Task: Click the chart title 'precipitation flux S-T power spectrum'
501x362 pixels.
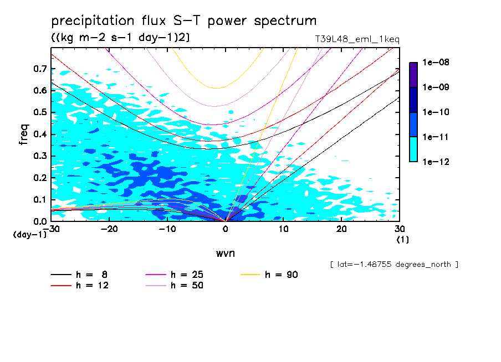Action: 184,21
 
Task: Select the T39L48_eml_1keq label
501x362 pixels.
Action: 356,39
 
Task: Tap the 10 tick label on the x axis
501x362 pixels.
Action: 284,229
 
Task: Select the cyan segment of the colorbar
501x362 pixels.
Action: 413,149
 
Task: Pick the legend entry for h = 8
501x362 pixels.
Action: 80,275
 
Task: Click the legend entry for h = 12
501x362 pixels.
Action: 80,286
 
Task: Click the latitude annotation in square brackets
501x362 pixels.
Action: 394,264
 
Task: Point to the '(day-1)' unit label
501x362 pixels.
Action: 30,235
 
